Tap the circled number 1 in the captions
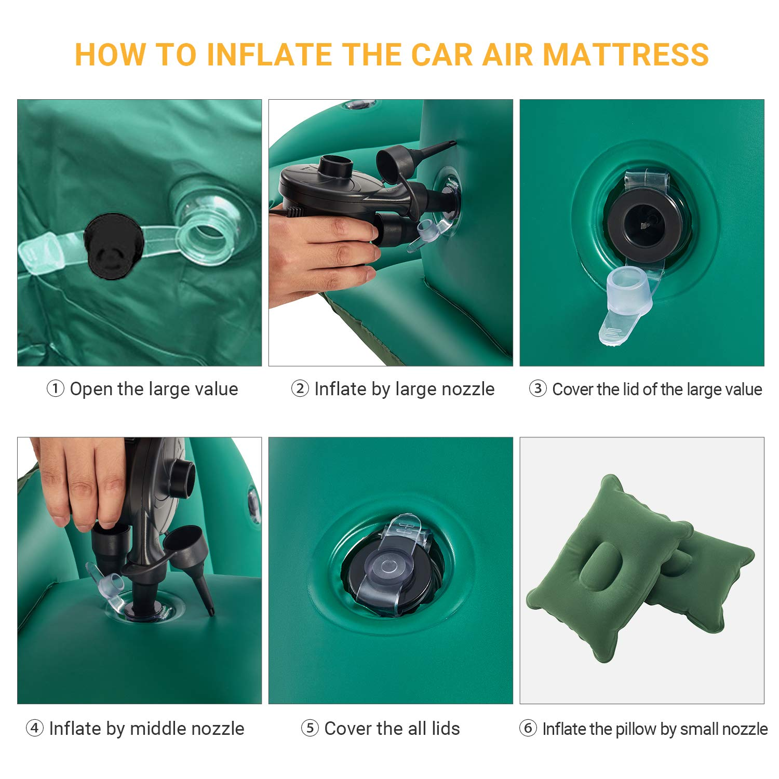coord(56,388)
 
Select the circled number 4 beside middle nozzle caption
coord(34,728)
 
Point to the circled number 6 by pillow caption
coord(528,728)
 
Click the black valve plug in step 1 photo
coord(113,246)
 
